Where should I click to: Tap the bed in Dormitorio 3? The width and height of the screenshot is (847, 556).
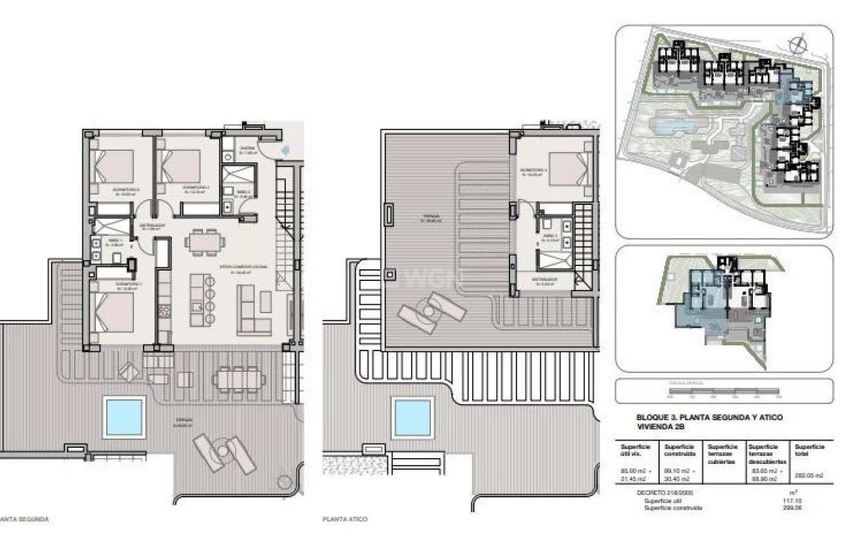tap(115, 166)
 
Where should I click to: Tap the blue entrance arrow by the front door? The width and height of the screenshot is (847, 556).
tap(286, 150)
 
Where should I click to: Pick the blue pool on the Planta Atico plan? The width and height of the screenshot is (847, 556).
tap(413, 417)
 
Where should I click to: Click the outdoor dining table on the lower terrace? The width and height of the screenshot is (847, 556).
tap(238, 379)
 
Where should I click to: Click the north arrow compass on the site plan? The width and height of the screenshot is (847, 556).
tap(797, 44)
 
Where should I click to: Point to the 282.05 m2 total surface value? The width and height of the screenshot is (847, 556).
tap(809, 475)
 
